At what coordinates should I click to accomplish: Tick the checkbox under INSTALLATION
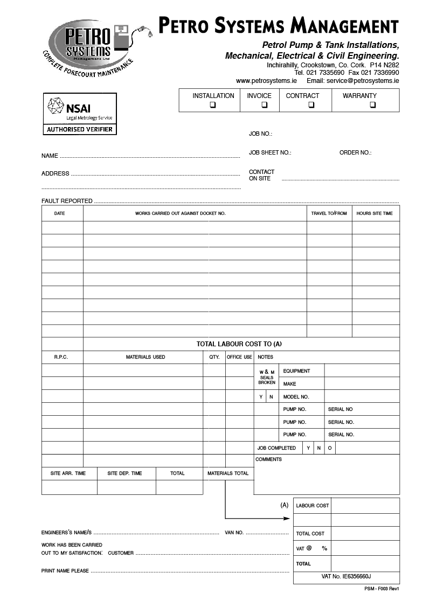[213, 105]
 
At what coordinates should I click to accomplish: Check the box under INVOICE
[265, 105]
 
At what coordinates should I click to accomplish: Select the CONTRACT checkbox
[311, 105]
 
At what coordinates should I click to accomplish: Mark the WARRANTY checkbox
[372, 105]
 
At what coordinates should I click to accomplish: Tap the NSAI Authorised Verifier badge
[79, 114]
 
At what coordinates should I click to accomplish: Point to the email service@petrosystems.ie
[352, 81]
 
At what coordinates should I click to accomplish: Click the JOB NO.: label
[260, 134]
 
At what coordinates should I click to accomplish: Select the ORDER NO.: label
[355, 153]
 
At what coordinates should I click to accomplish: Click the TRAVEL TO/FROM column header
[329, 214]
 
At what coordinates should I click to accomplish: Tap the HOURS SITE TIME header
[375, 214]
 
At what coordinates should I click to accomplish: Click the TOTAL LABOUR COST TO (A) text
[239, 344]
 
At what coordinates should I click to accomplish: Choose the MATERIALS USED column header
[145, 357]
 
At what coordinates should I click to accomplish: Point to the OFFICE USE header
[239, 357]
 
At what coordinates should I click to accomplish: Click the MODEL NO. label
[296, 397]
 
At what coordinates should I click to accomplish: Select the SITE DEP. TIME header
[124, 473]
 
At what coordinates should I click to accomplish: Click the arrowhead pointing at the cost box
[287, 519]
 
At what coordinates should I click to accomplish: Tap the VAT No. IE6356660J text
[346, 576]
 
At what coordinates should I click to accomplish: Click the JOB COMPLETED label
[276, 448]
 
